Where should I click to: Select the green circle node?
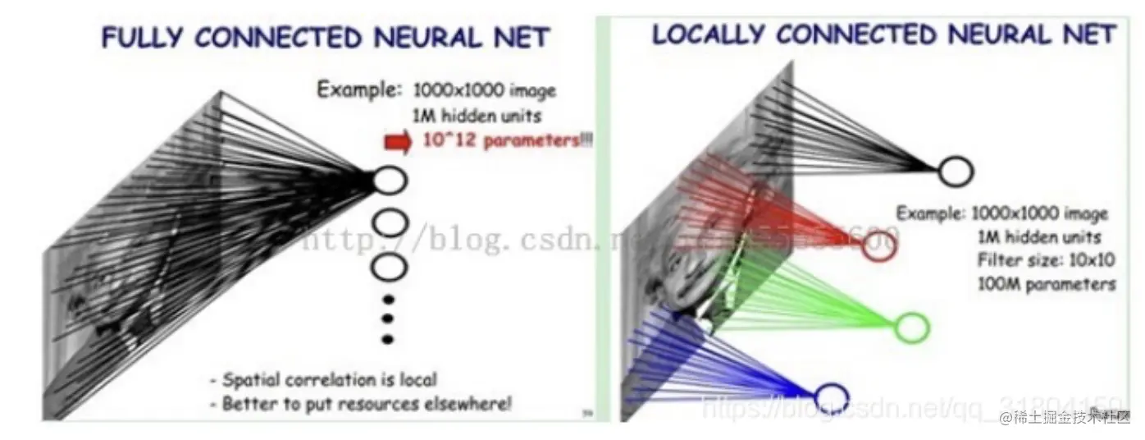click(910, 328)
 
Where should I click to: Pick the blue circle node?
click(829, 396)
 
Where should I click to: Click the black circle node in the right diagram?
click(955, 172)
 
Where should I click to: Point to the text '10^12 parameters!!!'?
click(507, 140)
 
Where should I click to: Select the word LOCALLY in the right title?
click(708, 34)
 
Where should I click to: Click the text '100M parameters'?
click(1046, 285)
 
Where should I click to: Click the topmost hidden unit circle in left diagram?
click(390, 179)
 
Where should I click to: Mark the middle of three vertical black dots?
click(389, 319)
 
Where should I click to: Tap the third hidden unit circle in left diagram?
click(390, 266)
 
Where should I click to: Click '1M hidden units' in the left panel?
click(467, 116)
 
